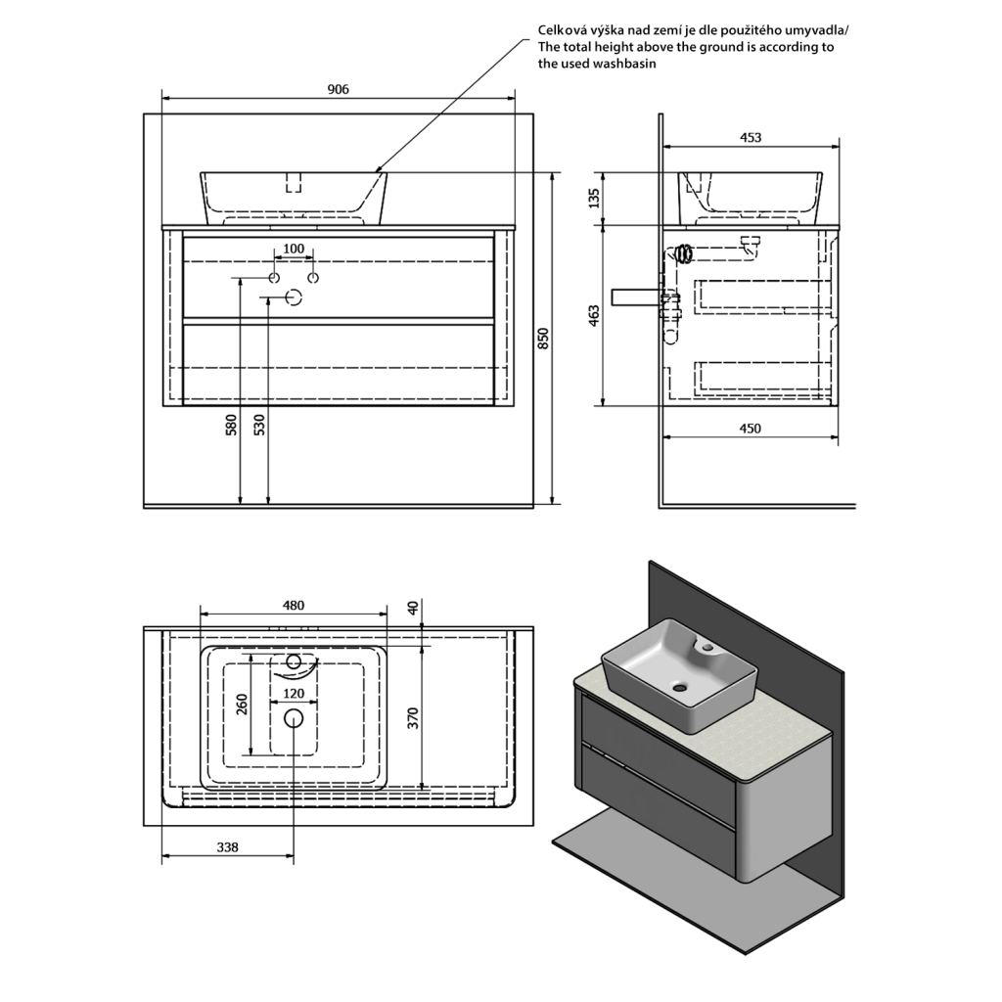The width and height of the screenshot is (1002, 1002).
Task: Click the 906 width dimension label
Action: click(x=338, y=89)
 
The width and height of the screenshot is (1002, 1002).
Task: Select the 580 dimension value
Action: click(x=231, y=425)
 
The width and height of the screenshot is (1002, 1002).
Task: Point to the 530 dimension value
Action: click(x=259, y=425)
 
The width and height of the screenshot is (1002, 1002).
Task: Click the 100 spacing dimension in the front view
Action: click(x=294, y=249)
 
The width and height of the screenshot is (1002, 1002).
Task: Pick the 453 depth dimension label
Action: click(x=750, y=138)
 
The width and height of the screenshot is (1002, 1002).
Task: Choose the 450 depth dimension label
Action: click(x=750, y=428)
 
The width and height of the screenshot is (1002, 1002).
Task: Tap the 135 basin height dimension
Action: click(x=593, y=198)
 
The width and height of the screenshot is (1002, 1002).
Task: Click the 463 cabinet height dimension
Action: click(x=593, y=315)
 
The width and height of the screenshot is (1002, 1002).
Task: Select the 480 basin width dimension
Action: click(x=294, y=605)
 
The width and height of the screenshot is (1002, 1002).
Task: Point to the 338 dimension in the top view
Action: click(x=226, y=847)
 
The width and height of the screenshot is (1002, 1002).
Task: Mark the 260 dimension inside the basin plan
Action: click(x=243, y=704)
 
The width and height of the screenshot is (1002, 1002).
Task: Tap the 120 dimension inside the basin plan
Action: click(x=294, y=694)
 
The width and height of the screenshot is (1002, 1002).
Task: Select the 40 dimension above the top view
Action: click(x=413, y=607)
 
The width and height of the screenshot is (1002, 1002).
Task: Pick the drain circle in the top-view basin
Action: click(x=294, y=718)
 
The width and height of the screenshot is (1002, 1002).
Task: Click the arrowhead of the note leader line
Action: click(x=377, y=170)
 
